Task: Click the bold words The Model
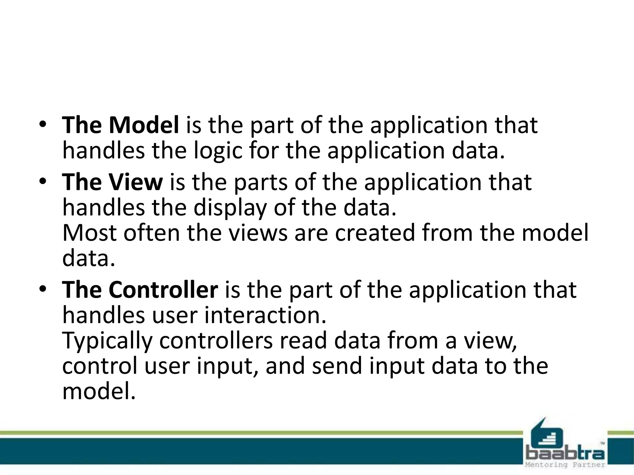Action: pos(120,125)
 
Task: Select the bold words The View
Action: pos(112,182)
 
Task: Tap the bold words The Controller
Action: pos(140,290)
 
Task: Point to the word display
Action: pos(230,208)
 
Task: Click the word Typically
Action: pos(107,341)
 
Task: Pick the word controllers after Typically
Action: pos(216,340)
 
